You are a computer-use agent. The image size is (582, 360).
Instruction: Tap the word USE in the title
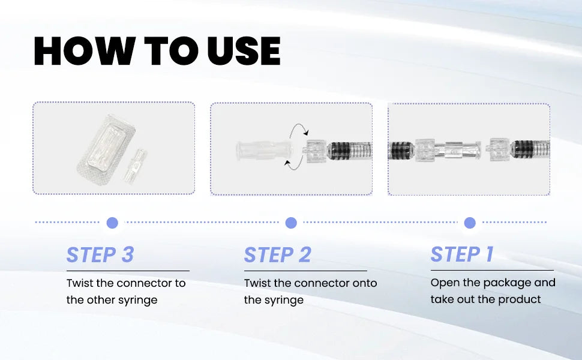coord(244,51)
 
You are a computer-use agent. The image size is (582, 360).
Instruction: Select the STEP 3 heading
coord(100,254)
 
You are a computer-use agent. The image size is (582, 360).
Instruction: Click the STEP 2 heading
coord(277,254)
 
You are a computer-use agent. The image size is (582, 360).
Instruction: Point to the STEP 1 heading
coord(462,254)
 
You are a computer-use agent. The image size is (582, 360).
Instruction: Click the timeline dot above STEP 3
coord(112,223)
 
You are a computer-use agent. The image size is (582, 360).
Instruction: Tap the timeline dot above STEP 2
coord(291,223)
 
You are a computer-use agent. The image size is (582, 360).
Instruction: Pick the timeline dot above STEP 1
coord(470,223)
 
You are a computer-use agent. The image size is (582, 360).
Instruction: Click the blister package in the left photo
coord(106,150)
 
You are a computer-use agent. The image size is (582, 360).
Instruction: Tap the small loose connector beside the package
coord(135,166)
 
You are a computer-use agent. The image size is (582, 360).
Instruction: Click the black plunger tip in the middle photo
coord(340,151)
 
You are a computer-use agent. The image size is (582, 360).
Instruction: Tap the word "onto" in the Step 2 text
coord(365,283)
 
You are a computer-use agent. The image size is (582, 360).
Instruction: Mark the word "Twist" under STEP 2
coord(257,283)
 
